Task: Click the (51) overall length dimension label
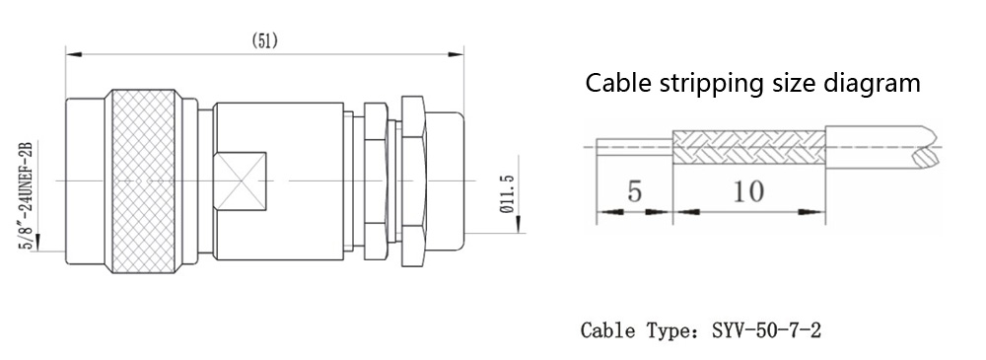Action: [x=264, y=40]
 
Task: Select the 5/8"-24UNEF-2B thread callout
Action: [x=26, y=196]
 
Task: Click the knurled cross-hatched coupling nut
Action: [x=140, y=181]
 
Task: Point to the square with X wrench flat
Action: [x=240, y=181]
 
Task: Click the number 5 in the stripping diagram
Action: [x=634, y=191]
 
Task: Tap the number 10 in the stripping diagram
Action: [x=747, y=191]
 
